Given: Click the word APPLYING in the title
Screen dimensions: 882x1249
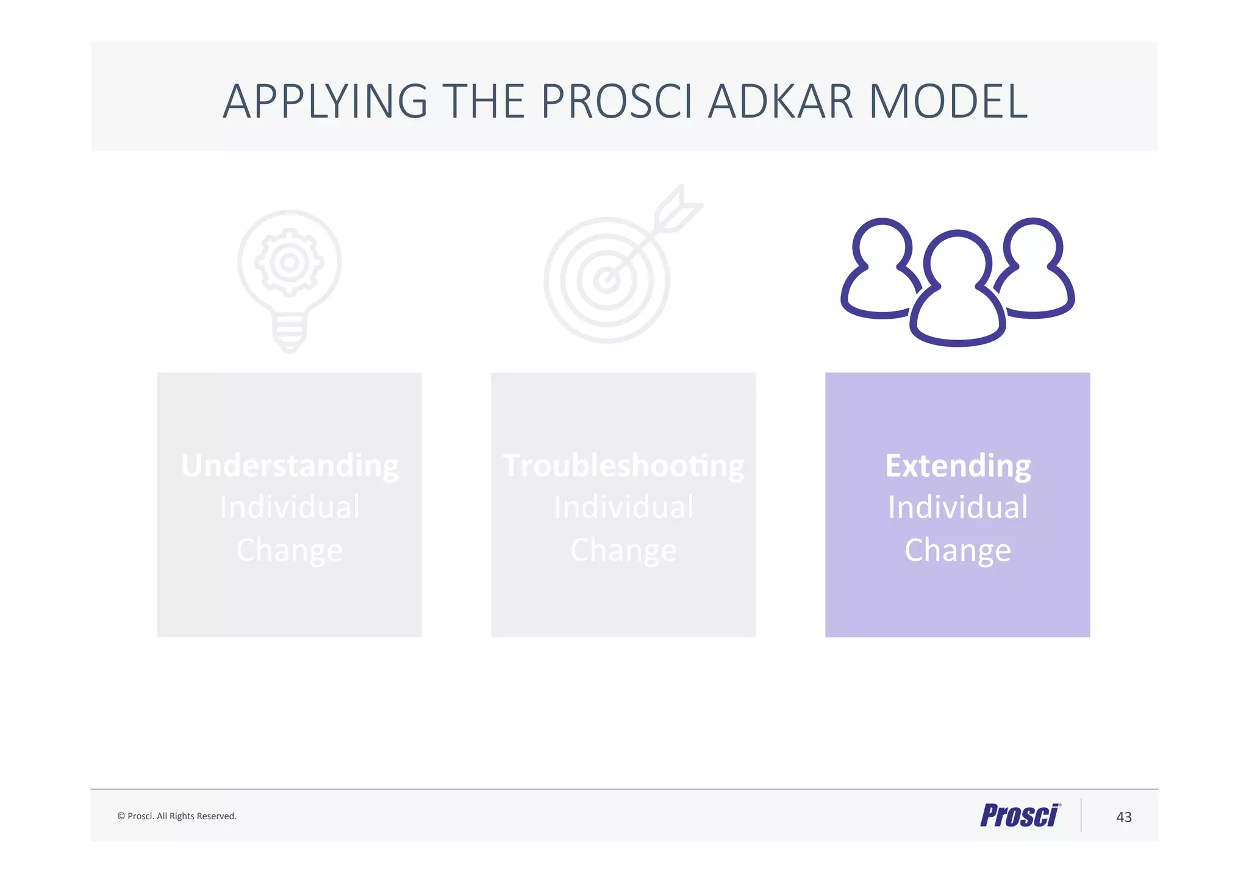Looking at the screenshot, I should pos(325,101).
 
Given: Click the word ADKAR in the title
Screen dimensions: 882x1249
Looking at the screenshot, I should pos(780,101).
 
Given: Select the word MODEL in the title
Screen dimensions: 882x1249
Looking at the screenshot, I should pos(948,101).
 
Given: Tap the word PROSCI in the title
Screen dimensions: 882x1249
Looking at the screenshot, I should pos(617,101).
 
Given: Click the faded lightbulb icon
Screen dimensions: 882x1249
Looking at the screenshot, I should pos(290,280).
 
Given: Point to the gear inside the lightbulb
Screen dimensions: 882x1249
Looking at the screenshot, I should pos(290,263).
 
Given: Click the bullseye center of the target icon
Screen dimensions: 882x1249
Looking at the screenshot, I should pos(607,280).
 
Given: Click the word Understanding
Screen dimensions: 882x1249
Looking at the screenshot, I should pos(290,466).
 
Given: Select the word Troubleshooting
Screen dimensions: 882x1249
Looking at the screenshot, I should pos(623,466).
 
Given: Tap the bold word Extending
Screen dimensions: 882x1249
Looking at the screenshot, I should pos(957,466).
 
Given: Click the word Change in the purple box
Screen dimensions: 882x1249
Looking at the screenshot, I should pos(957,550).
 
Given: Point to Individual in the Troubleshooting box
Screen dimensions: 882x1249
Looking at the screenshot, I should pos(623,507).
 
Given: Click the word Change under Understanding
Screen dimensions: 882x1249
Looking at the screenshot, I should pos(290,550).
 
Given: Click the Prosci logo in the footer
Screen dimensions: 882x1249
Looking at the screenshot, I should pos(1020,816).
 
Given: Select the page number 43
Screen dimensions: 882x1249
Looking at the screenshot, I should pos(1123,817).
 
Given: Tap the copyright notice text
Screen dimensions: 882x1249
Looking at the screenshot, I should pos(177,816).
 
